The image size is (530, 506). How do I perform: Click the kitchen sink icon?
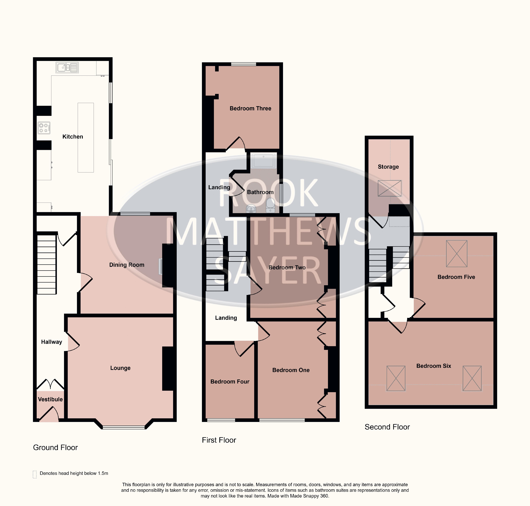point(67,67)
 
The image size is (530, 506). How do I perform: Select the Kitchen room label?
point(73,137)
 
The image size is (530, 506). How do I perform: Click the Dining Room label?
point(127,265)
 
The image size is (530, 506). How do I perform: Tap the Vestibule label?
point(50,399)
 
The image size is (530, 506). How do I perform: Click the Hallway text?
point(52,342)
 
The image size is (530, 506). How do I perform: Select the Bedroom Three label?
point(250,108)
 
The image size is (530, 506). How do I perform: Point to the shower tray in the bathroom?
point(264,160)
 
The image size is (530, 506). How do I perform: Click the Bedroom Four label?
point(230,382)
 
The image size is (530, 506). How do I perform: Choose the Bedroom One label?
point(291,370)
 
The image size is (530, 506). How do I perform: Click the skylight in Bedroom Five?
point(457,254)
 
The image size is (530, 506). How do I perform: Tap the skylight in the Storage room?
point(389,188)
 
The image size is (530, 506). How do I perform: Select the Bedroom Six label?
point(434,366)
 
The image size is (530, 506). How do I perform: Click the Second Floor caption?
point(387,427)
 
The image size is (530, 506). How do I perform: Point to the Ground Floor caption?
point(55,447)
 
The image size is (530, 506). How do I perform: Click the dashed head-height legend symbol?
point(35,474)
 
